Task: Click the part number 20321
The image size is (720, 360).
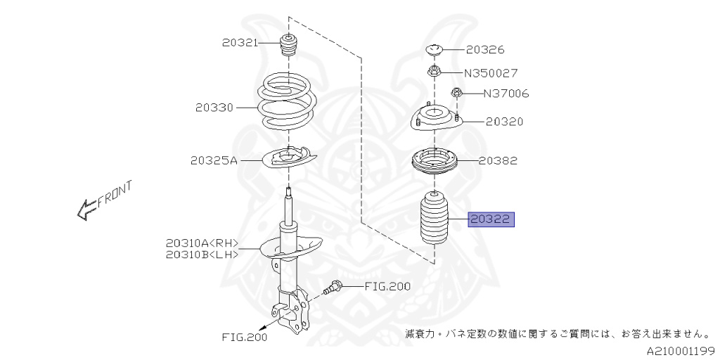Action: click(x=238, y=43)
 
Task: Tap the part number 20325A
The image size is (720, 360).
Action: click(x=213, y=160)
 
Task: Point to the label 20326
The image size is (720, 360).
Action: click(x=484, y=50)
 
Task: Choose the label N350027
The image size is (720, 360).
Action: click(x=490, y=72)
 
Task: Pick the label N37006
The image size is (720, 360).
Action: click(x=506, y=94)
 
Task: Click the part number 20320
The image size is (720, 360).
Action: click(x=503, y=122)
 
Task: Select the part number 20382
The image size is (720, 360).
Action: click(x=498, y=160)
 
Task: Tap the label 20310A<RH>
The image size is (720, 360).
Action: click(x=202, y=243)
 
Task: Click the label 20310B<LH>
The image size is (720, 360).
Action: click(x=202, y=254)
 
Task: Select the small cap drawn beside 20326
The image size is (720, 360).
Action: click(x=435, y=49)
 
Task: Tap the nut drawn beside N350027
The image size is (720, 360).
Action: click(x=435, y=70)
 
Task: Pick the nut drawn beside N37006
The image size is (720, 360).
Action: click(x=457, y=92)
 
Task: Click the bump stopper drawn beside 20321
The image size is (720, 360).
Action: click(x=288, y=47)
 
